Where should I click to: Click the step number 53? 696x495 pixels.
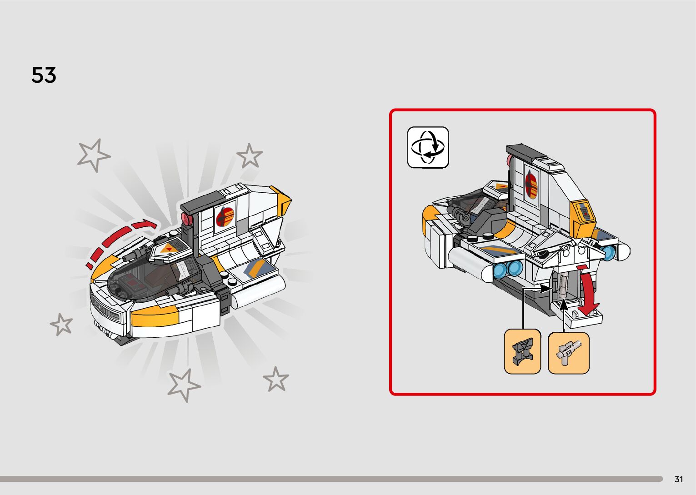point(44,75)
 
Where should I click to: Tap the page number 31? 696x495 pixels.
point(679,479)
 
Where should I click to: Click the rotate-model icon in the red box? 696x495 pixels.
point(428,147)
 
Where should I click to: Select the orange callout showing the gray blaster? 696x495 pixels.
point(568,353)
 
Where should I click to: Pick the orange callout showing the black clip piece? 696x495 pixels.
point(522,352)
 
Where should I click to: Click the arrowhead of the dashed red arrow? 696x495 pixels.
point(148,224)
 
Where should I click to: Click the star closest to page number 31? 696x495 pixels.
point(275,380)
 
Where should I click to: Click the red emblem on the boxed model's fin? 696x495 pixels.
point(531,184)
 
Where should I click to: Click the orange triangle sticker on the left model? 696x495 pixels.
point(169,248)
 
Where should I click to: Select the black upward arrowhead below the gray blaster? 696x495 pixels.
point(564,305)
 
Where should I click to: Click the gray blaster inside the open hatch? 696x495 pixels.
point(563,285)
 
